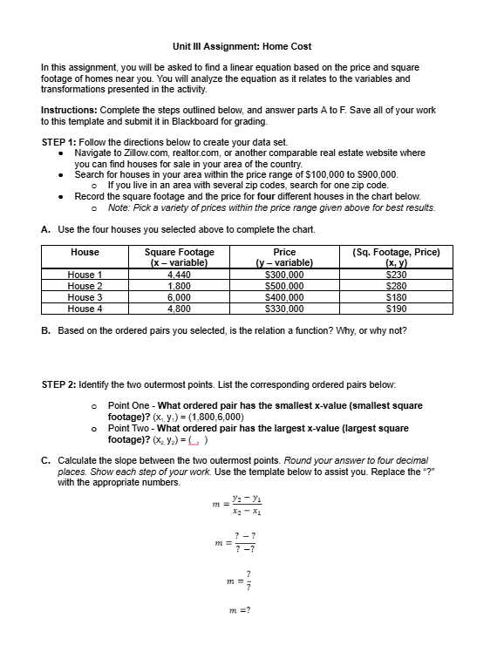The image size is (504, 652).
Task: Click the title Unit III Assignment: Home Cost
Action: [x=242, y=45]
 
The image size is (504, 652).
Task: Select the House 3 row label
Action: [x=85, y=296]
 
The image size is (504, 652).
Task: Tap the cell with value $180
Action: [x=398, y=296]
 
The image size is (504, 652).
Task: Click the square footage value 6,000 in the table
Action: [x=179, y=296]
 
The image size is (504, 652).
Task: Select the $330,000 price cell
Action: [x=284, y=308]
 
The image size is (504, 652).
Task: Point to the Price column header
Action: [x=284, y=252]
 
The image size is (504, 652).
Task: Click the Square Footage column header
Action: [x=179, y=252]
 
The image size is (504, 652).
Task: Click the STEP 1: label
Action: [x=65, y=142]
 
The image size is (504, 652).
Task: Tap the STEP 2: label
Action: [x=65, y=384]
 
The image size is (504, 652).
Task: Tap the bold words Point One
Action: [x=131, y=405]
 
